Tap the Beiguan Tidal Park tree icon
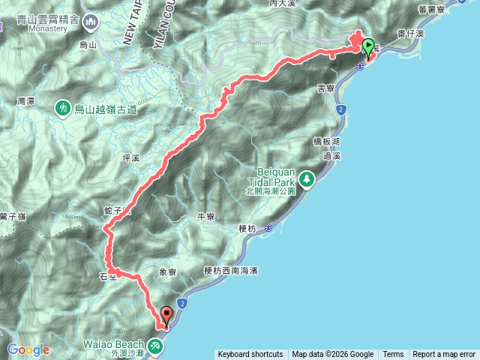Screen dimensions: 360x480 tap(306, 179)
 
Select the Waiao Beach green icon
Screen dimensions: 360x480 tap(155, 346)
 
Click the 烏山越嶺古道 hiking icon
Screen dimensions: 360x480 tap(61, 109)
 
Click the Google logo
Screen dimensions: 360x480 tap(28, 349)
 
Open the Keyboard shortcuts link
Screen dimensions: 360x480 tap(250, 355)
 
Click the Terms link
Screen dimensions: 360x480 tap(393, 355)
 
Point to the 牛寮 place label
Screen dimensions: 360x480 tap(205, 217)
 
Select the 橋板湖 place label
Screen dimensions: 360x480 tap(325, 141)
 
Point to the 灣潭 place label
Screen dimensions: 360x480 tap(26, 100)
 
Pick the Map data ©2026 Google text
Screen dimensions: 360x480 tap(332, 355)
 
